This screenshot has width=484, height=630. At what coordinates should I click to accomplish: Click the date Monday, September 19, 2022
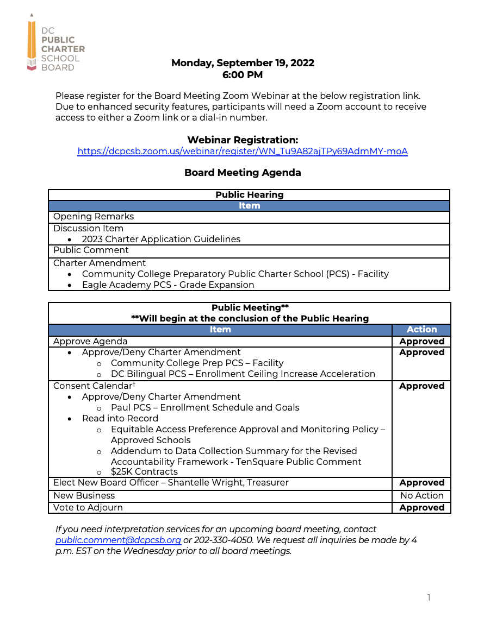(243, 63)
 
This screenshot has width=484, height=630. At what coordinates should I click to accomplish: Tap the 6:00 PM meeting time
(243, 75)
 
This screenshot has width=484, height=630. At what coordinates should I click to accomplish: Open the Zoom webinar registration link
(243, 152)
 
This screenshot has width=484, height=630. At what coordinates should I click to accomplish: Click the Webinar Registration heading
(243, 140)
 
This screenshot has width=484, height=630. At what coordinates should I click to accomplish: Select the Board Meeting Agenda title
(243, 173)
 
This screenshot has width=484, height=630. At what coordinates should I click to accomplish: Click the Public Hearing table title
(249, 194)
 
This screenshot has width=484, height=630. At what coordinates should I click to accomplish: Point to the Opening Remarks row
(94, 217)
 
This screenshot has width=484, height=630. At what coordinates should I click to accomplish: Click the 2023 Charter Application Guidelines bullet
(161, 239)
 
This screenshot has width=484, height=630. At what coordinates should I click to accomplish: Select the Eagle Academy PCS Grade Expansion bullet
(168, 285)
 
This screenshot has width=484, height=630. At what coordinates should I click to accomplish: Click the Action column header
(421, 330)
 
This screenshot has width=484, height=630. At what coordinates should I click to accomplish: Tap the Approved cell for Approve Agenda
(421, 342)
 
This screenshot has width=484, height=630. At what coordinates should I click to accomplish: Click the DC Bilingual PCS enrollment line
(243, 374)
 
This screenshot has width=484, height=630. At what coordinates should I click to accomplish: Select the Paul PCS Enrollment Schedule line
(205, 407)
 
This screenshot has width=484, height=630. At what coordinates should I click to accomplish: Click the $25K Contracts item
(144, 472)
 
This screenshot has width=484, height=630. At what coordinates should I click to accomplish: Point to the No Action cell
(421, 495)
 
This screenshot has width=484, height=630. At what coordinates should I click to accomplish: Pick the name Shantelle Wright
(206, 483)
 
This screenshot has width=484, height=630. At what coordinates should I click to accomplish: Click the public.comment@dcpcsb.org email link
(118, 540)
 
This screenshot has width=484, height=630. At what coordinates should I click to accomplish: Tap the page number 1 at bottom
(429, 598)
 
